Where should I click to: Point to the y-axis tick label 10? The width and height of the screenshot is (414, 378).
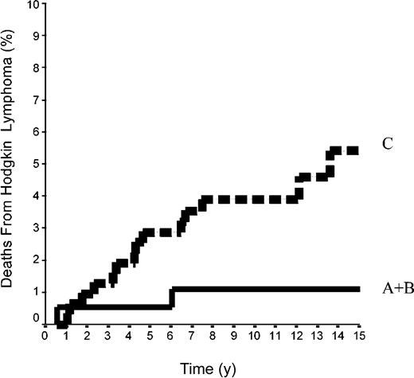[33, 5]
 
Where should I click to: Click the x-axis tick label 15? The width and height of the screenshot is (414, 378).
[357, 335]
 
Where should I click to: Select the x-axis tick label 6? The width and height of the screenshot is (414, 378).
[170, 335]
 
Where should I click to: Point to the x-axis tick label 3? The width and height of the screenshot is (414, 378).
[108, 335]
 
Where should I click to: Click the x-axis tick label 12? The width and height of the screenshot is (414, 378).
[295, 335]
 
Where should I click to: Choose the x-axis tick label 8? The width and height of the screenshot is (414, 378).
[212, 335]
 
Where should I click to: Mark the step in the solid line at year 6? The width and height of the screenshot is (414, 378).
[171, 296]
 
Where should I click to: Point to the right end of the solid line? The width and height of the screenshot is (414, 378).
[358, 288]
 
